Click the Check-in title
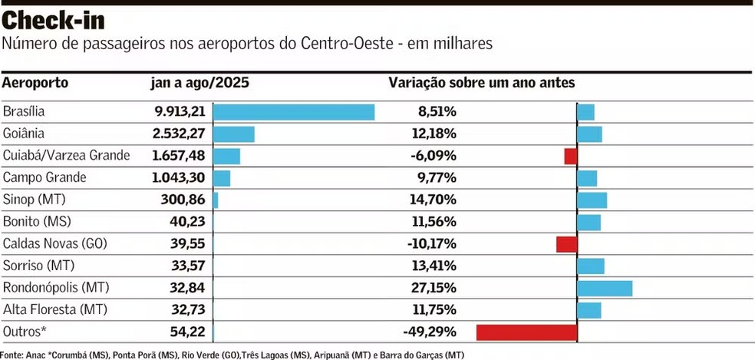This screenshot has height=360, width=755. pyautogui.click(x=53, y=18)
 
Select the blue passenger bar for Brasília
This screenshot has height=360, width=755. pyautogui.click(x=293, y=112)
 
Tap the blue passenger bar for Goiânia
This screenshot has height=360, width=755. pyautogui.click(x=233, y=134)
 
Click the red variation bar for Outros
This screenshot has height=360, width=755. pyautogui.click(x=526, y=332)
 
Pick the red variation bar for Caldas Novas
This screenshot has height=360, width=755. pyautogui.click(x=566, y=244)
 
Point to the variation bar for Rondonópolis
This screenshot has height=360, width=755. pyautogui.click(x=605, y=289)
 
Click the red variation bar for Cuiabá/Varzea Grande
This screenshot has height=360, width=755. pyautogui.click(x=570, y=157)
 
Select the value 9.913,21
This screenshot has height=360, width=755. pyautogui.click(x=180, y=112)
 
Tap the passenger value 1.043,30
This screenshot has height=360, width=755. pyautogui.click(x=180, y=178)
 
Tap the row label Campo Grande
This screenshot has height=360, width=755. pyautogui.click(x=45, y=178)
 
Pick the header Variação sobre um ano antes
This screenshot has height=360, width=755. pyautogui.click(x=482, y=83)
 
